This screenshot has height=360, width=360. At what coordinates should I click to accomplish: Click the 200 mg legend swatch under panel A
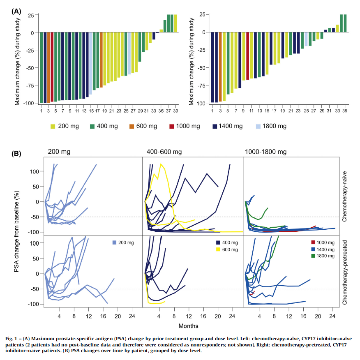click(x=53, y=127)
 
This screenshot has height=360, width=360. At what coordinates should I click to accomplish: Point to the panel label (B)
click(x=16, y=154)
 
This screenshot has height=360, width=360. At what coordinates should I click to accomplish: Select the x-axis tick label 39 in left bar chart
click(x=175, y=111)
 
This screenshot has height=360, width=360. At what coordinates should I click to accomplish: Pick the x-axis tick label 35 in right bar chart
click(x=345, y=111)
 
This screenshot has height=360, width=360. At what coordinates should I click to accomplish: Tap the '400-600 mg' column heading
click(x=164, y=152)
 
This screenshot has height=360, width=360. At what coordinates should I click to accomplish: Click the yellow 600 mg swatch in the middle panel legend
click(x=218, y=249)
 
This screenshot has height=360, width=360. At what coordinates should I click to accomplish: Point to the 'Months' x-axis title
click(x=189, y=326)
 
